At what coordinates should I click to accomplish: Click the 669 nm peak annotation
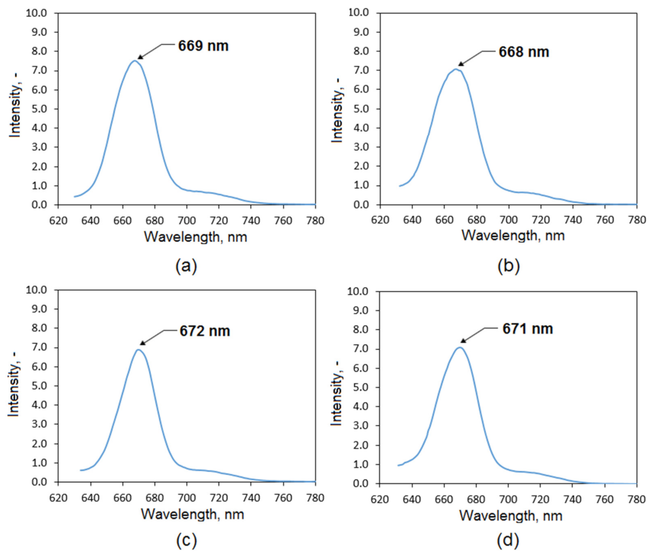click(x=203, y=46)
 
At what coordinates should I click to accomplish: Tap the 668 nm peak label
click(x=523, y=52)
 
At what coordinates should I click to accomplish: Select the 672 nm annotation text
click(x=204, y=331)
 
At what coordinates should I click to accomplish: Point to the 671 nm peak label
click(x=527, y=329)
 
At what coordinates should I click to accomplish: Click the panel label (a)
click(x=186, y=266)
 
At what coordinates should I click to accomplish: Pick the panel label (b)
click(x=508, y=266)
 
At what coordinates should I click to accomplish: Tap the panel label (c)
click(x=186, y=540)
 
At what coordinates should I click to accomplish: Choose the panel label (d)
click(x=508, y=540)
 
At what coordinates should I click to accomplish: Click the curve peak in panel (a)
click(x=135, y=61)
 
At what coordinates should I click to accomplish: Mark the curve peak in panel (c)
click(x=138, y=350)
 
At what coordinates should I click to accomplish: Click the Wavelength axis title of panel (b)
click(x=513, y=236)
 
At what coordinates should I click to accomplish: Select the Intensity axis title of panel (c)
click(x=14, y=385)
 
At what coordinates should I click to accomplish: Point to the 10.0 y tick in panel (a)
click(x=36, y=13)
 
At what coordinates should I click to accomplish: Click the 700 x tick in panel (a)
click(x=187, y=221)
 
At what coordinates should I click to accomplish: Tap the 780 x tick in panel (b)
click(x=637, y=220)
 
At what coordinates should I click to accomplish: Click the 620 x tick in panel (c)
click(x=58, y=498)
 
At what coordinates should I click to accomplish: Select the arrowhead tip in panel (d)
click(x=461, y=343)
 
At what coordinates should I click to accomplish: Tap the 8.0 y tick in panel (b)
click(x=358, y=51)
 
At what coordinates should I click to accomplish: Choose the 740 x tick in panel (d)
click(x=572, y=500)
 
